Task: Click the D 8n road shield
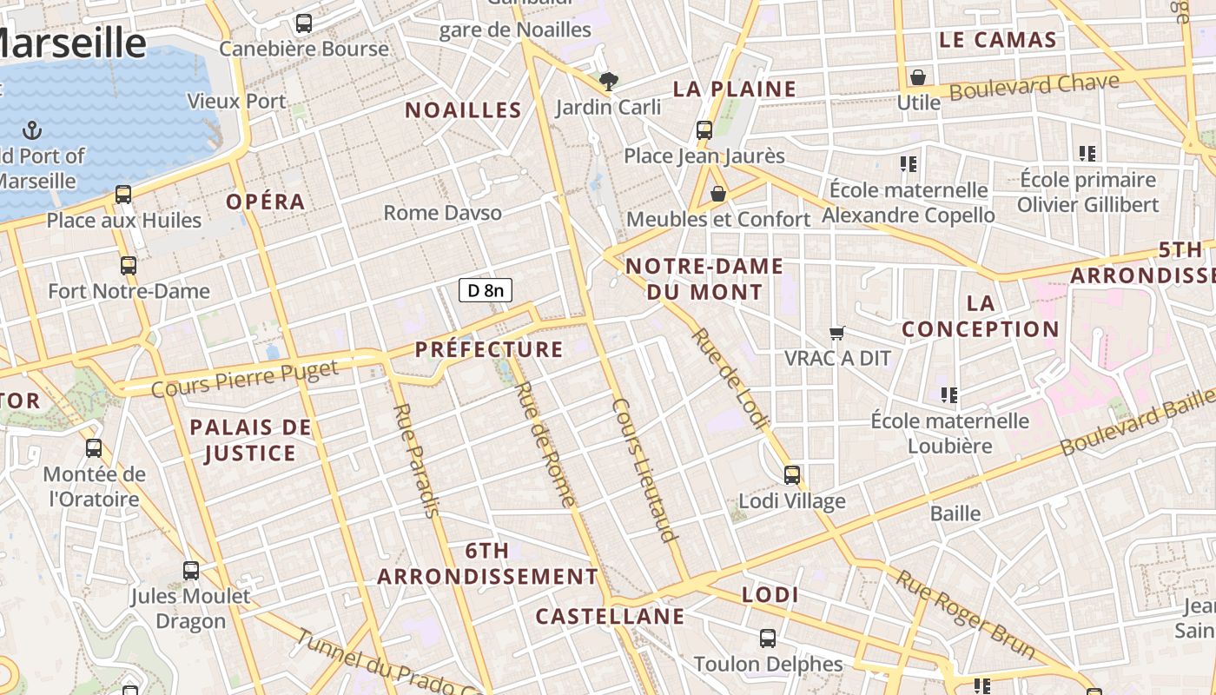(486, 290)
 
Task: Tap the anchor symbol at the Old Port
(32, 131)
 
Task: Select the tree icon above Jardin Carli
(609, 82)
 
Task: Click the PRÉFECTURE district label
(489, 349)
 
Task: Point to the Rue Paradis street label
(416, 460)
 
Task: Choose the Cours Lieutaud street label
(644, 470)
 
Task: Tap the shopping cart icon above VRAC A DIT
(837, 333)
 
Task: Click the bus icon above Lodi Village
(792, 475)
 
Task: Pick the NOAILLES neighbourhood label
(463, 110)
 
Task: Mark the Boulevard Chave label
(1034, 87)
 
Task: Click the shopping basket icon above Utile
(918, 77)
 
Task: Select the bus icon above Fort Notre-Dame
(129, 265)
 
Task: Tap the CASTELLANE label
(610, 617)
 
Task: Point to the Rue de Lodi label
(730, 379)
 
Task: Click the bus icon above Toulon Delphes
(768, 639)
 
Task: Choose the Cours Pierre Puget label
(244, 380)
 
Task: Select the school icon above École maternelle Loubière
(949, 395)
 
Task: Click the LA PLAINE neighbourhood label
(735, 89)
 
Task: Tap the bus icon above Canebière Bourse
(304, 23)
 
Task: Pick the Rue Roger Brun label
(965, 614)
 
